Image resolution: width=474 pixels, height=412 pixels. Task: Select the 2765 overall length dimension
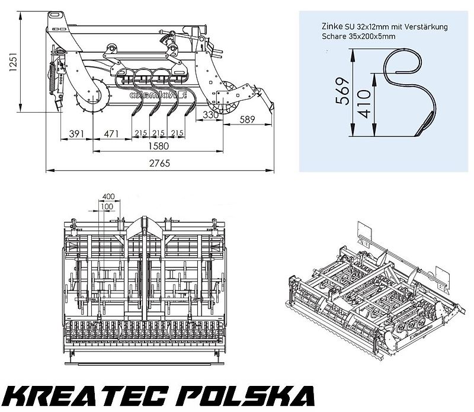click(155, 163)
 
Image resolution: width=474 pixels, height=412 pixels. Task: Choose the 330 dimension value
click(210, 114)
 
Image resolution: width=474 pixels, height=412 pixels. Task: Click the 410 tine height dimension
click(364, 104)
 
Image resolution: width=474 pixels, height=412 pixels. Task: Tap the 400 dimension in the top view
click(108, 196)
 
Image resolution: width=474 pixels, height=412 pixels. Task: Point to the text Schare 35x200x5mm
click(354, 36)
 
